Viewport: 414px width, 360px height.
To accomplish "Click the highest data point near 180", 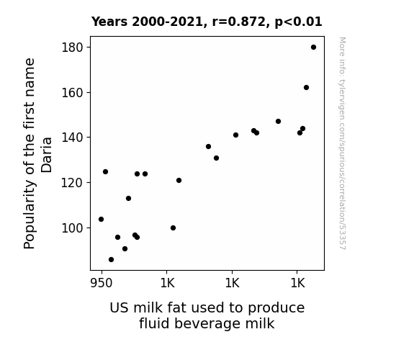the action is [313, 48].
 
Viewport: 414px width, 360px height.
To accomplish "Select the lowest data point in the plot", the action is [111, 260].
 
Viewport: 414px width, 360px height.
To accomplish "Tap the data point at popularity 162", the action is [306, 87].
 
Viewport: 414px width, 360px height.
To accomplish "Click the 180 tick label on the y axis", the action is [72, 48].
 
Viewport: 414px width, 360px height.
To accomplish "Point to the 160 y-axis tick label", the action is [72, 93].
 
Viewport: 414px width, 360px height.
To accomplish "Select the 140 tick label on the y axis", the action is [72, 138].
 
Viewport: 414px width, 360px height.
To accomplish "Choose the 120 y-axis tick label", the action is [72, 183].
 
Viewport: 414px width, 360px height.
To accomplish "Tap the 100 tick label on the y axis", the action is [72, 228].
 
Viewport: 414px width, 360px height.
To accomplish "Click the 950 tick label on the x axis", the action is [102, 283].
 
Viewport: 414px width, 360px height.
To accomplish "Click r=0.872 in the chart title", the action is [239, 22].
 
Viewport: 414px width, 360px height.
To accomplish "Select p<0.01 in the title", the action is [298, 22].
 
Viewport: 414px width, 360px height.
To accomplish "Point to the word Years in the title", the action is [109, 22].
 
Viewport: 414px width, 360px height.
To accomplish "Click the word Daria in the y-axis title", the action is [47, 155].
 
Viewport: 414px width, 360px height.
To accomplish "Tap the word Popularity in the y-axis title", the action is [30, 215].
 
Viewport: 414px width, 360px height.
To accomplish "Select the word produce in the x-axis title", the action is [276, 308].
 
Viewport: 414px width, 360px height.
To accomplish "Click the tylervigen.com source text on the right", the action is [342, 143].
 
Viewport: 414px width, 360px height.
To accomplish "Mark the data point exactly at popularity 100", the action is [173, 228].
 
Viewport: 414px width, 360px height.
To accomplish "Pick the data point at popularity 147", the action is [278, 121].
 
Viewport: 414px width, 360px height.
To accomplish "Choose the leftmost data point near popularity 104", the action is [101, 219].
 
